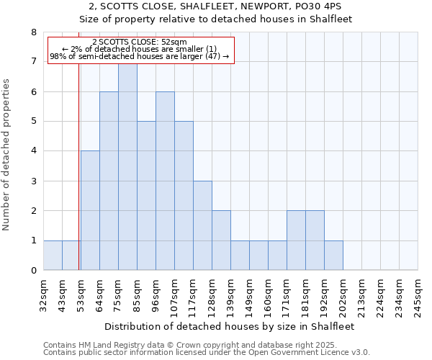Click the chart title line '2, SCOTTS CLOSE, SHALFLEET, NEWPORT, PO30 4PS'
(215, 6)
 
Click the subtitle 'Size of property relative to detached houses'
(215, 19)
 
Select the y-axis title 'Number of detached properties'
(7, 155)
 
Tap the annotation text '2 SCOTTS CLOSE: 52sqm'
(140, 42)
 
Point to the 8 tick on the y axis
(33, 32)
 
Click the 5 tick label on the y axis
(33, 121)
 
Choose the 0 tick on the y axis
(33, 271)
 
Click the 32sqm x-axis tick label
(43, 294)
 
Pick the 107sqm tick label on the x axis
(174, 296)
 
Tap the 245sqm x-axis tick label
(418, 296)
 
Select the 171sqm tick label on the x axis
(287, 296)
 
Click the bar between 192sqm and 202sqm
(333, 256)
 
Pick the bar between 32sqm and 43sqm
(53, 256)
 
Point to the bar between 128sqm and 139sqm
(221, 240)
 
